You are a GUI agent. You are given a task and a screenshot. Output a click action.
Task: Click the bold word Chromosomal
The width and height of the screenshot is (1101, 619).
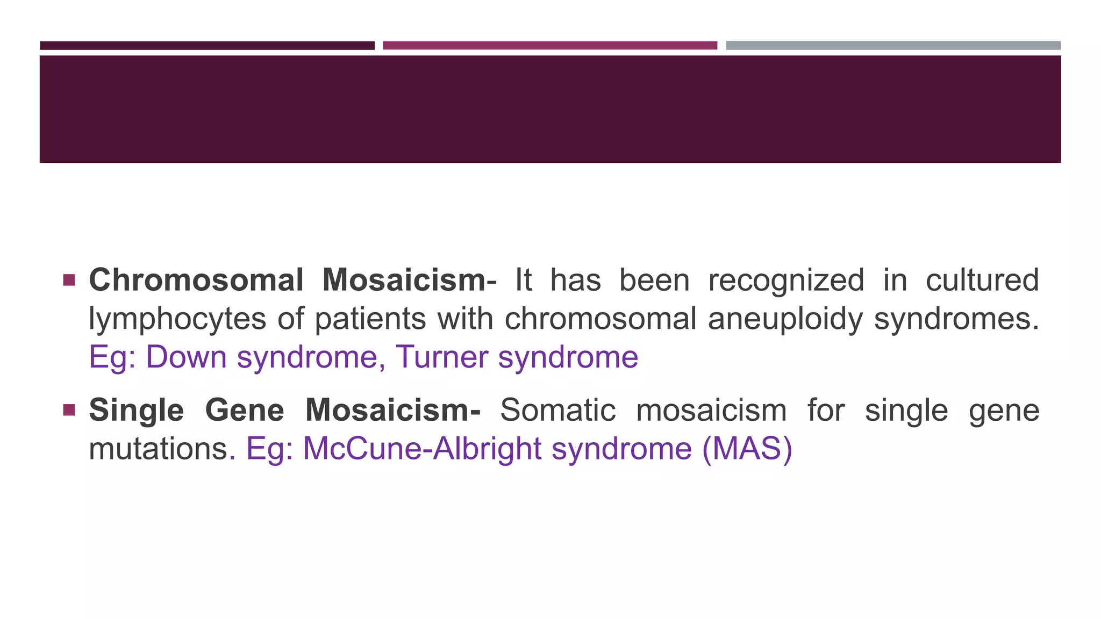coord(196,280)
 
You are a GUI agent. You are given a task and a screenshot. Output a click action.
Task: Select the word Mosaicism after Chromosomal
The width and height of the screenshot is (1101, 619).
coord(404,280)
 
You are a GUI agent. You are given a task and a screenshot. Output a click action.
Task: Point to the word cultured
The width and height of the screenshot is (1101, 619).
coord(982,280)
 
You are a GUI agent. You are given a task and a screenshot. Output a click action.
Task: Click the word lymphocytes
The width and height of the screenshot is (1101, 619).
coord(177,320)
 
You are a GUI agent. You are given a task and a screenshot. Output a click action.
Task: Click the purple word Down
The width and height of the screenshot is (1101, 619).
coord(186,357)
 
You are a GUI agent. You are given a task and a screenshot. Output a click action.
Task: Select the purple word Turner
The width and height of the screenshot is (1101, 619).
coord(441,357)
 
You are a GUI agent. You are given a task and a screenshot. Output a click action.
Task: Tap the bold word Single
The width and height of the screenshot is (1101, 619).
coord(136,411)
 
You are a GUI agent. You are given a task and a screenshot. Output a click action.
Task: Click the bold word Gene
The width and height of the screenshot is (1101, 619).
coord(245,411)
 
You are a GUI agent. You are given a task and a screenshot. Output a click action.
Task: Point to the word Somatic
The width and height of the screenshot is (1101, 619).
coord(557,411)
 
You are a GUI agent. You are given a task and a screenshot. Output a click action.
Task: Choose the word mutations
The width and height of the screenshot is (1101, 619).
coord(159,449)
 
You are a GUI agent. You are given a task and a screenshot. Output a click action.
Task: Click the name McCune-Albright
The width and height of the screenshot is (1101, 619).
coord(422,449)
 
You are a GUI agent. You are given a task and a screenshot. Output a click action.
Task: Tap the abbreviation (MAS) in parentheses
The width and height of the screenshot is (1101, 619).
coord(747,449)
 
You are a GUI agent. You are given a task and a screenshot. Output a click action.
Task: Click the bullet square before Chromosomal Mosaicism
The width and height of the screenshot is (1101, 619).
coord(69,280)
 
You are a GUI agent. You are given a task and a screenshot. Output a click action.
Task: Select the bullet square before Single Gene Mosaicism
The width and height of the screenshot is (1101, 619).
coord(69,411)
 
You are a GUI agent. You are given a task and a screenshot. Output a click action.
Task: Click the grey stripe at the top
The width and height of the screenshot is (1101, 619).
coord(893,46)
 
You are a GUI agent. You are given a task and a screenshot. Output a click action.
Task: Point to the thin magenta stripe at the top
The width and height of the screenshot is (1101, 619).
coord(549,46)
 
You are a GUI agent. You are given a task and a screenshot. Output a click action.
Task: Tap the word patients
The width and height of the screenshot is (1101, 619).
coord(370,320)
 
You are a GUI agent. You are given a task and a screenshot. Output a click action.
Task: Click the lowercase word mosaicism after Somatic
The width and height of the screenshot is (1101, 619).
coord(711,411)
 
